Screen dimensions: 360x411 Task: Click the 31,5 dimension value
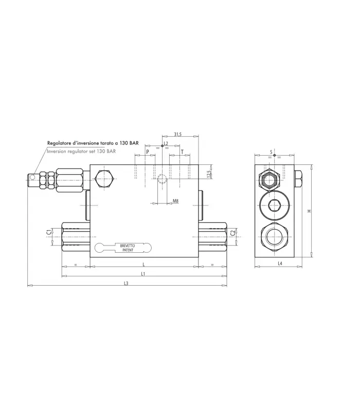coord(177,135)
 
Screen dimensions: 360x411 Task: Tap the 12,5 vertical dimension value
coord(209,174)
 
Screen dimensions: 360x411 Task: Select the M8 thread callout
coord(175,201)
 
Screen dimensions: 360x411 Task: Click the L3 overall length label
coord(126,284)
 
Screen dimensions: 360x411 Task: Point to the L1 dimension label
coord(143,274)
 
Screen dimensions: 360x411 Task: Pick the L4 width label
coord(280,264)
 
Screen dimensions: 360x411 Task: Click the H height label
coord(310,211)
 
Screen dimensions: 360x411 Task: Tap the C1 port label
coord(48,232)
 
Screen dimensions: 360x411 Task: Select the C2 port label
coord(232,233)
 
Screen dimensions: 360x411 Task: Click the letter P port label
coord(148,152)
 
